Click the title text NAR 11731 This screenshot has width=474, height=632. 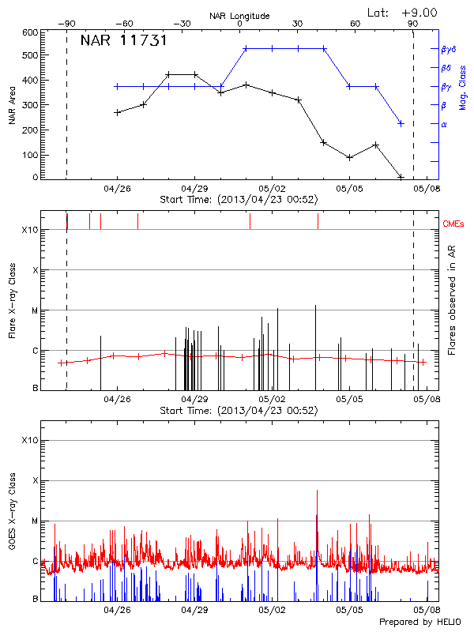123,41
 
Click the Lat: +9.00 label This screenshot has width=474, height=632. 402,12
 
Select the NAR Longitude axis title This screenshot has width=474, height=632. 239,16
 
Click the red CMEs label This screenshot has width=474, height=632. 454,224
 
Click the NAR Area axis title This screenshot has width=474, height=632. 12,105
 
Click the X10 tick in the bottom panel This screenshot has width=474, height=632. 29,440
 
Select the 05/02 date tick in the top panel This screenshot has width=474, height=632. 272,189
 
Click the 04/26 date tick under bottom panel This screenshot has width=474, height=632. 117,611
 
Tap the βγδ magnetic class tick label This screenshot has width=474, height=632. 449,49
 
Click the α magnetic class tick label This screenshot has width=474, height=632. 444,124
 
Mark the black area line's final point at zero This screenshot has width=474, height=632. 401,177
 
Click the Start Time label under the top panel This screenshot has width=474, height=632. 239,200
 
